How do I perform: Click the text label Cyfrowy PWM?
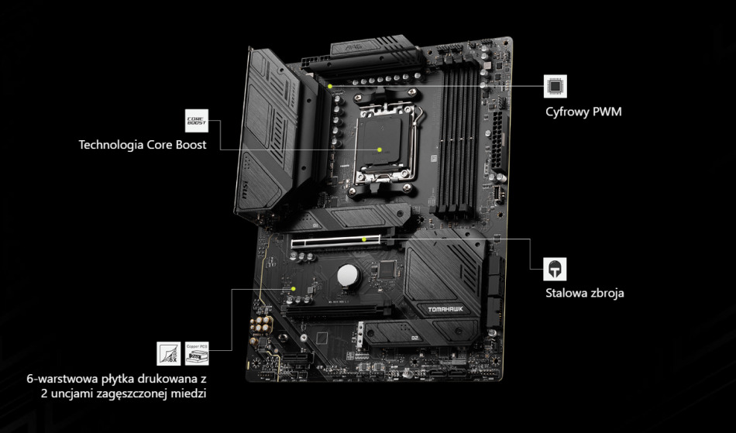click(x=583, y=112)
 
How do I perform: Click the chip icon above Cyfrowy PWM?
click(x=555, y=86)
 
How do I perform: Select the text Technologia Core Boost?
click(x=143, y=145)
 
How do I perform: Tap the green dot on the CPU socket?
click(x=380, y=148)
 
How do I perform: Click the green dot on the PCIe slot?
click(x=364, y=239)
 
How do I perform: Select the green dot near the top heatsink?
click(x=330, y=86)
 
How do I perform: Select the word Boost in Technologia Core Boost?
click(x=189, y=145)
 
